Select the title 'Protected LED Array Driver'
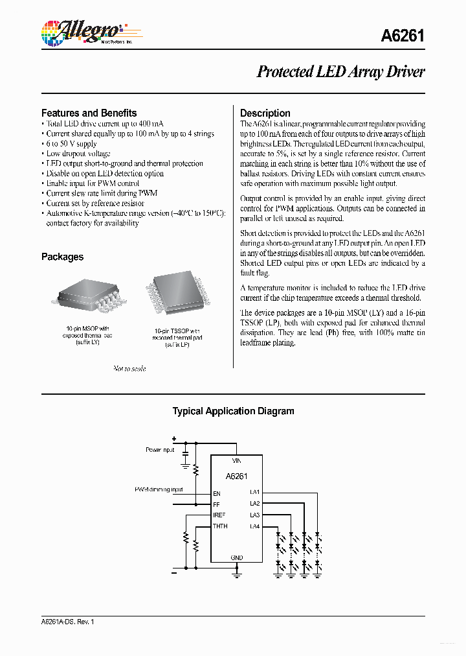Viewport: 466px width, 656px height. pyautogui.click(x=340, y=72)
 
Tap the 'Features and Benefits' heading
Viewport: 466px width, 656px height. pyautogui.click(x=89, y=113)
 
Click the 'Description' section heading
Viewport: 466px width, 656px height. pyautogui.click(x=265, y=113)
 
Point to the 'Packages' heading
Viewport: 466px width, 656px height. pyautogui.click(x=62, y=257)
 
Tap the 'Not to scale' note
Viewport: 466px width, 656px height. pyautogui.click(x=129, y=368)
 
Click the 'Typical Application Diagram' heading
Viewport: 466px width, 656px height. pyautogui.click(x=232, y=411)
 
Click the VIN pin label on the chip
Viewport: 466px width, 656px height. pyautogui.click(x=237, y=461)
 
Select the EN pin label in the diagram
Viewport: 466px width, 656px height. pyautogui.click(x=217, y=493)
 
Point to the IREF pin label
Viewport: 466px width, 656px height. pyautogui.click(x=219, y=515)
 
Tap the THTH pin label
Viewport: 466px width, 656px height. pyautogui.click(x=220, y=526)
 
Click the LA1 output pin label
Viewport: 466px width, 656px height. pyautogui.click(x=254, y=493)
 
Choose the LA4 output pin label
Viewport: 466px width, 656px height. pyautogui.click(x=254, y=526)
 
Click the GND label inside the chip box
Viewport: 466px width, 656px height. pyautogui.click(x=237, y=557)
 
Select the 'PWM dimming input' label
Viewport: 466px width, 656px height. pyautogui.click(x=159, y=489)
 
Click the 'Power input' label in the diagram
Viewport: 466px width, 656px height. pyautogui.click(x=161, y=449)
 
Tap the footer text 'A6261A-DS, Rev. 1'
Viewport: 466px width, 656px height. pyautogui.click(x=67, y=622)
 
